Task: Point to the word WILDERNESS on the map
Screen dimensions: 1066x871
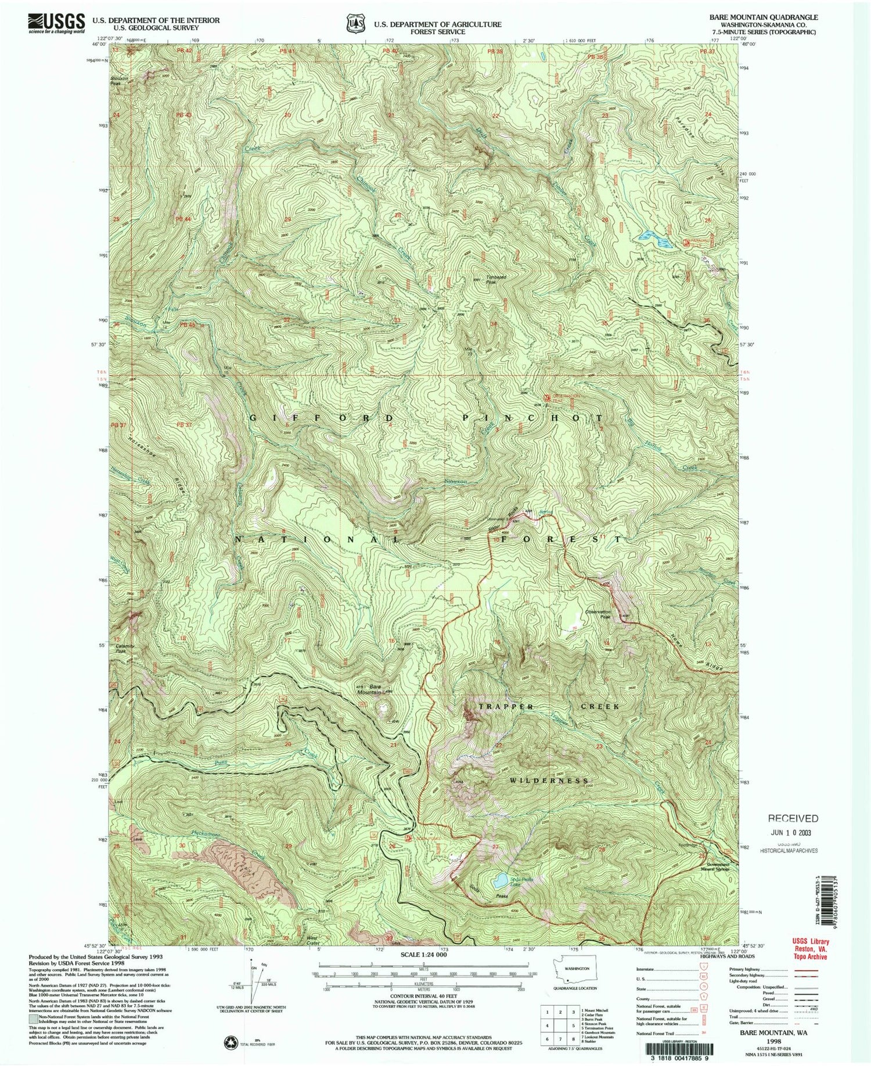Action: (549, 781)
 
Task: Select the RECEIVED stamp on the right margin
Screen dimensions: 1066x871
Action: (793, 819)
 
